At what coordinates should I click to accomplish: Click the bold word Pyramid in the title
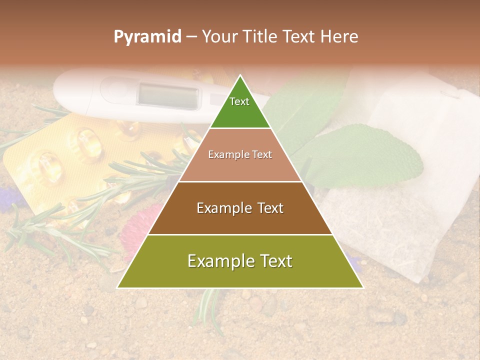pos(147,36)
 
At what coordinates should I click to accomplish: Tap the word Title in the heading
pos(260,36)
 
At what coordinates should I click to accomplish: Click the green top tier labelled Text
pos(239,107)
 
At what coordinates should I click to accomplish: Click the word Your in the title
pos(220,36)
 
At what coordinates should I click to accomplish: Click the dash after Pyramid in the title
pos(191,37)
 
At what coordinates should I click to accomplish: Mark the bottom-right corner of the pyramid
pos(363,287)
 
